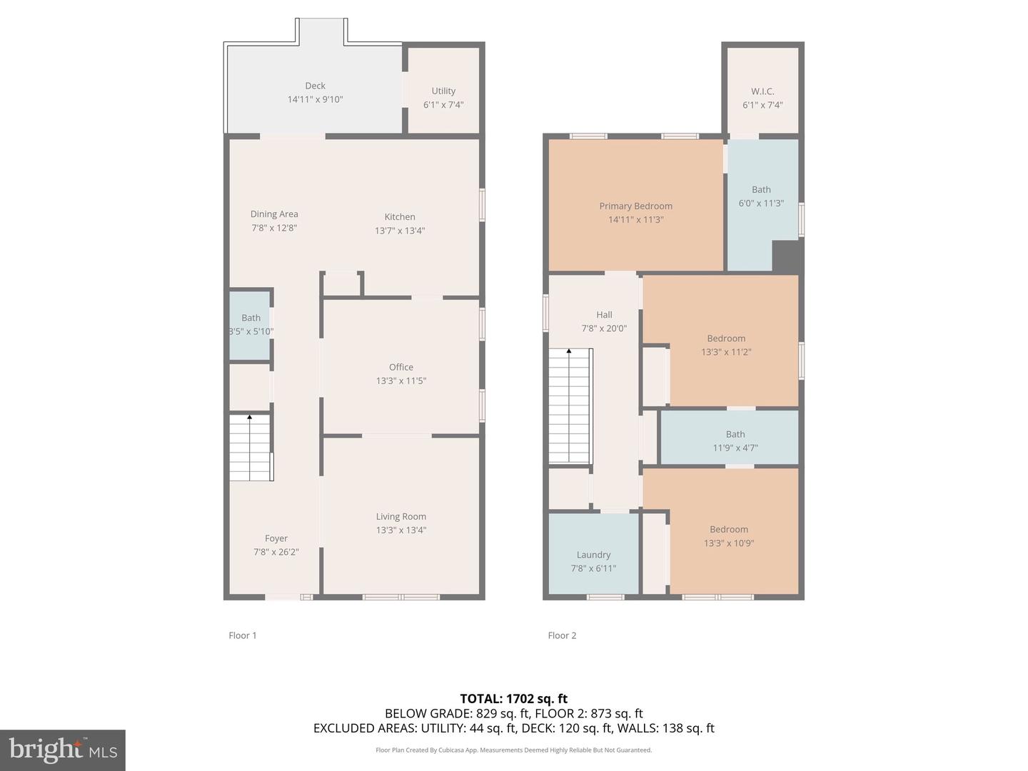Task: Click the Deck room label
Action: pos(315,86)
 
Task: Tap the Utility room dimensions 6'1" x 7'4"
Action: pos(443,105)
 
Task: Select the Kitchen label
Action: pos(400,217)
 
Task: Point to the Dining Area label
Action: pos(274,214)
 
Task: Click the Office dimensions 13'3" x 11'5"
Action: pos(401,381)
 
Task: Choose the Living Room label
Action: pos(401,516)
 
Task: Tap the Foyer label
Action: pos(276,538)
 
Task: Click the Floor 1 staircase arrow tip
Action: pos(250,415)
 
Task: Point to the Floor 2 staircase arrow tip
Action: pos(569,350)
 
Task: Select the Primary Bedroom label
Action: pos(635,206)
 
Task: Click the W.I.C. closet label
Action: pos(762,91)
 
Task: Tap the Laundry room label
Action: pos(593,555)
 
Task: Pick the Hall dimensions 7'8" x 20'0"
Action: pos(604,328)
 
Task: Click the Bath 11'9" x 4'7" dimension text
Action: pos(735,448)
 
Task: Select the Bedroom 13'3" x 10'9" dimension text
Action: pos(729,543)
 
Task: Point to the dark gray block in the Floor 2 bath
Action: pos(785,256)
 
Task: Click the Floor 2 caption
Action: pos(562,635)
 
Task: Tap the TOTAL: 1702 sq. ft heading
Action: pos(514,699)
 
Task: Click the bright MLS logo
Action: pos(63,750)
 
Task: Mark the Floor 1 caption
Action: pos(243,635)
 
